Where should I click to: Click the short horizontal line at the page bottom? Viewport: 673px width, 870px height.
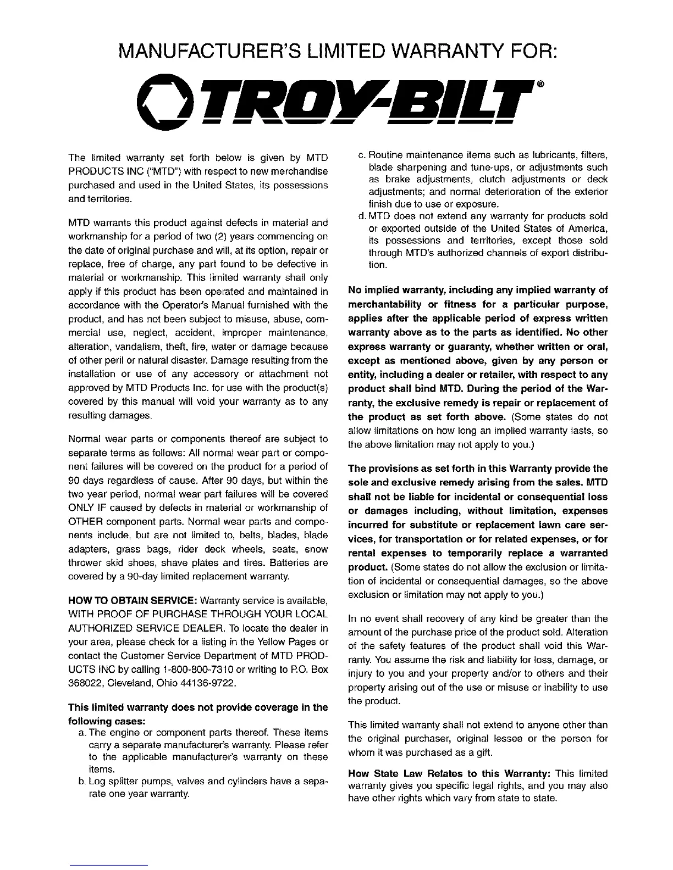(109, 865)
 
